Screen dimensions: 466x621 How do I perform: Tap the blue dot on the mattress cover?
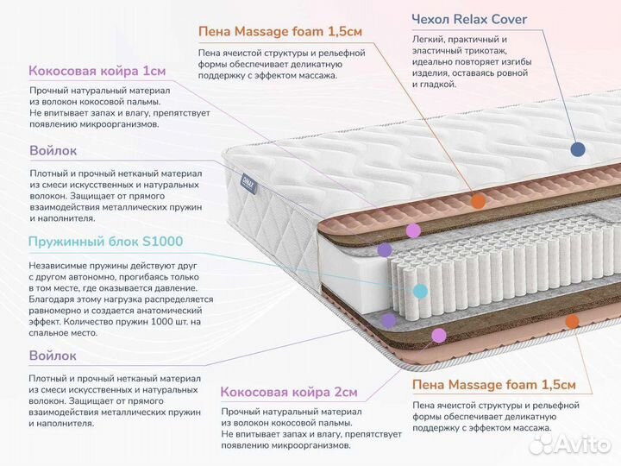pos(578,148)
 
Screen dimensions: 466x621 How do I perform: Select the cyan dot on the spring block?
pos(420,291)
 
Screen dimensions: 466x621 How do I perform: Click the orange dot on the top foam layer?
pos(478,203)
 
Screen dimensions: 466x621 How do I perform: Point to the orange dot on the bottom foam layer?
pos(570,321)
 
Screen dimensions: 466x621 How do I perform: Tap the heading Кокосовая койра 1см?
pos(97,71)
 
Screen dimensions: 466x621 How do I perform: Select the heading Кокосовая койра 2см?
pos(289,392)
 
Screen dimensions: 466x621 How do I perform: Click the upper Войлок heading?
pos(53,150)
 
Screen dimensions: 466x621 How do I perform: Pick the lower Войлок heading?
pos(53,355)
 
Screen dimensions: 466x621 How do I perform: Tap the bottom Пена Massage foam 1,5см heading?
pos(494,385)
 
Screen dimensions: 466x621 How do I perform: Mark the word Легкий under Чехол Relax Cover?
pos(429,40)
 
